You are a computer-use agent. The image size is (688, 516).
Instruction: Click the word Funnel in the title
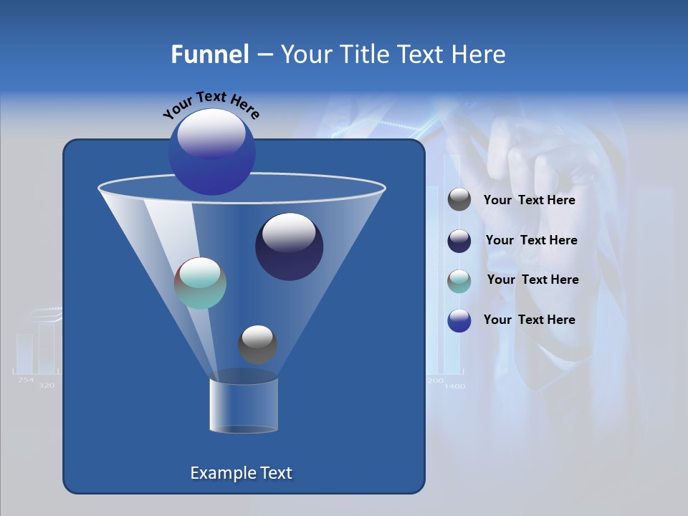point(210,54)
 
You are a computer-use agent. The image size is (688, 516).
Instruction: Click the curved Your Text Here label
point(211,104)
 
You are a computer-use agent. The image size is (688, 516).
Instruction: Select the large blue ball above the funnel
point(211,151)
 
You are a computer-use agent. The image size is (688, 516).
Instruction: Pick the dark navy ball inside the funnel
point(289,247)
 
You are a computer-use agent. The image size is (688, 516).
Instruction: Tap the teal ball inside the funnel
point(200,283)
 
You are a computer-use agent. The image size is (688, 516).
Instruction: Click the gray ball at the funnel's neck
point(257,344)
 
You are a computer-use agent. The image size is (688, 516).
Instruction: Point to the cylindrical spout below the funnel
point(243,406)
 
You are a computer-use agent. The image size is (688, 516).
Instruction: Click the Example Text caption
point(242,473)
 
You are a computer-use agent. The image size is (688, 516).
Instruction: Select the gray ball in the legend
point(459,200)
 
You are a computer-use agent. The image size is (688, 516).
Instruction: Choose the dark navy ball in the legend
point(459,241)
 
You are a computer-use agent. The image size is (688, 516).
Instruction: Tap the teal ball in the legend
point(459,281)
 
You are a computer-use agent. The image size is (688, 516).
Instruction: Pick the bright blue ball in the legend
point(459,320)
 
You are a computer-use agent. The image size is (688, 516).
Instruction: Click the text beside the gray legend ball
point(529,201)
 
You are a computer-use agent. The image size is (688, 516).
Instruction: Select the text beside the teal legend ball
point(532,280)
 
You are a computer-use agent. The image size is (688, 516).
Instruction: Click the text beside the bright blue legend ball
point(529,320)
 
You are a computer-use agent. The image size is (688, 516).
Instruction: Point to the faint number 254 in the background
point(25,380)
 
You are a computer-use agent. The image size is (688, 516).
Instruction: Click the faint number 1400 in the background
point(454,386)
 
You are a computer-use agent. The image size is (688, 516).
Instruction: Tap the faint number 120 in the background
point(47,386)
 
